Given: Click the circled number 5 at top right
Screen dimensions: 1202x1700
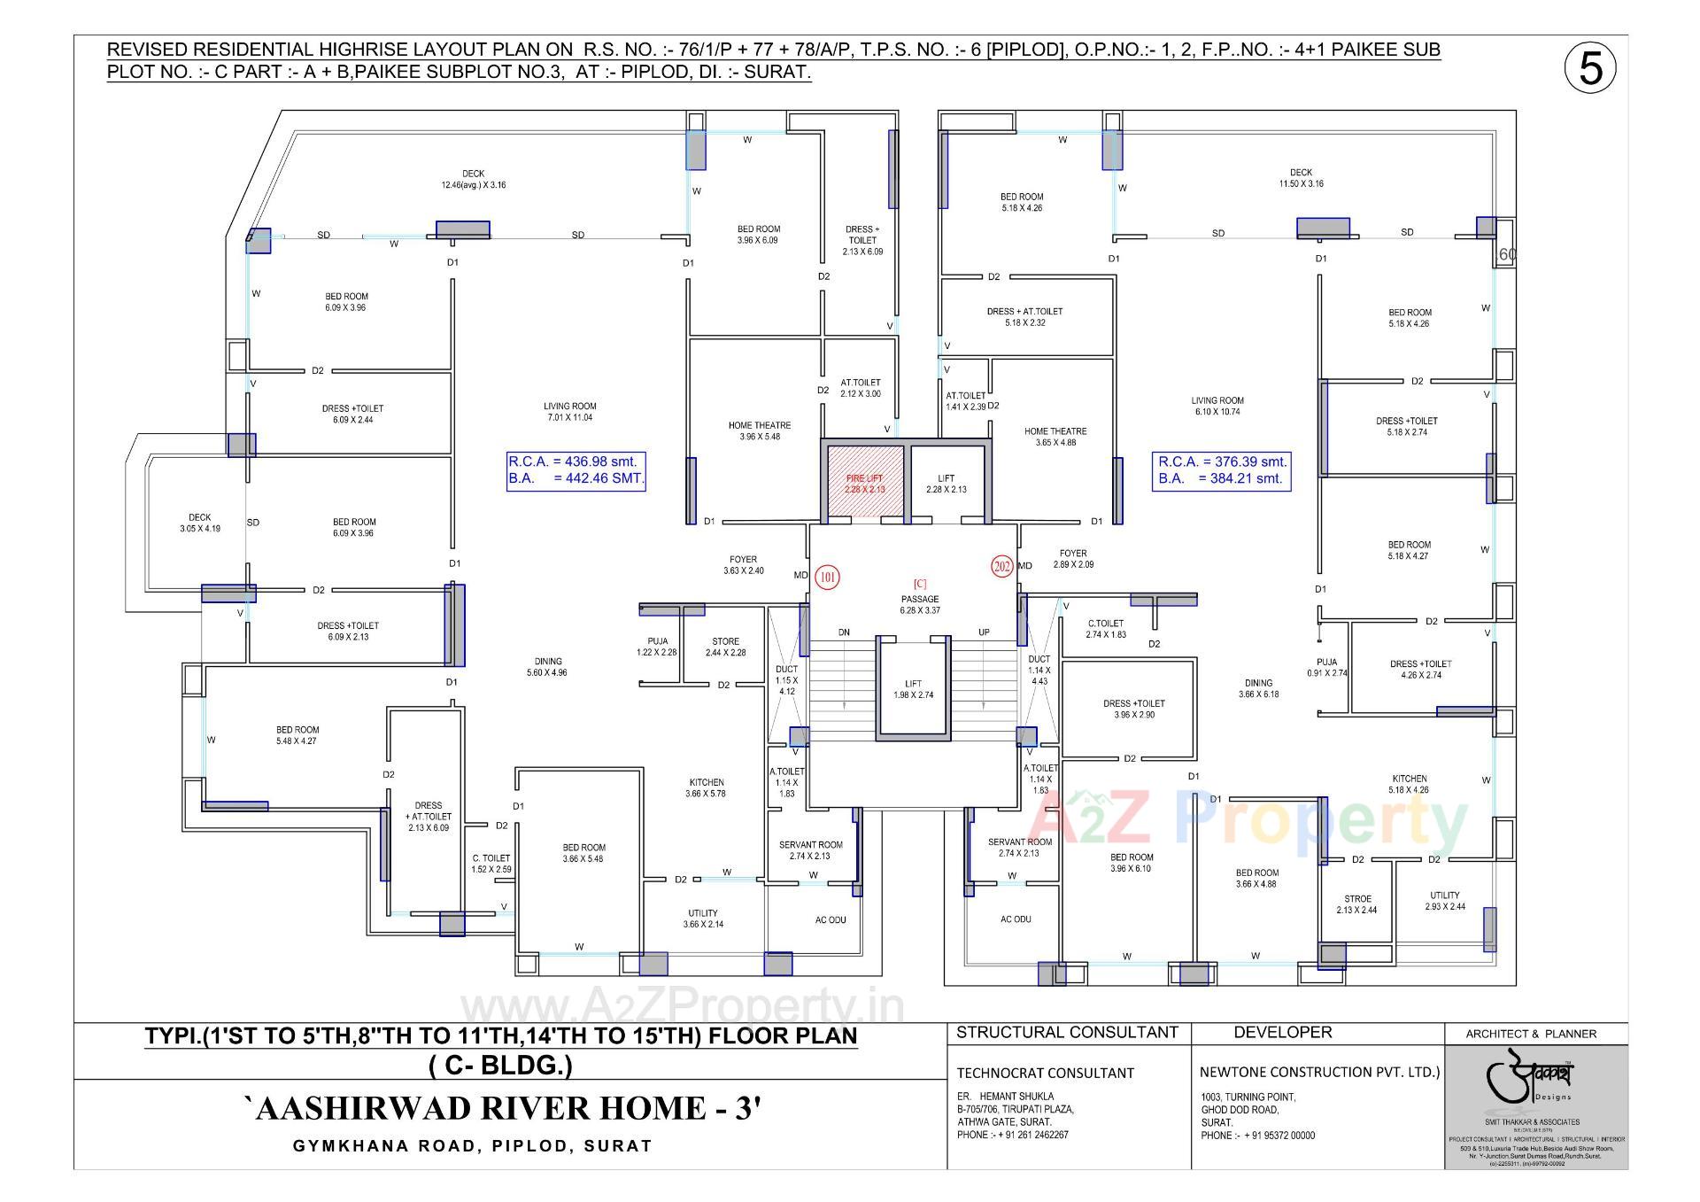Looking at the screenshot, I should (x=1590, y=68).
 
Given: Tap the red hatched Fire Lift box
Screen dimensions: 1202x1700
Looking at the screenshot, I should (x=864, y=484).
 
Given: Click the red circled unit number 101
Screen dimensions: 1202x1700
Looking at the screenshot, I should (x=827, y=578).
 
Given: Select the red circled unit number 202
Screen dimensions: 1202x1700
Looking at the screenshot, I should (x=1001, y=566).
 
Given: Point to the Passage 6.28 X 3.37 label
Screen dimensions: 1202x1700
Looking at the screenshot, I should (x=920, y=604).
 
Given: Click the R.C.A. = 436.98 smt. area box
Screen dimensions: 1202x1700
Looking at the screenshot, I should (x=576, y=470).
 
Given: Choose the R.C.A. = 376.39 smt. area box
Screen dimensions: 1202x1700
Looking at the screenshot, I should (x=1223, y=469).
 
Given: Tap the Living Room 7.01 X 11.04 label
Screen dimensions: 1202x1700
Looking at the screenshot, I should (x=569, y=412).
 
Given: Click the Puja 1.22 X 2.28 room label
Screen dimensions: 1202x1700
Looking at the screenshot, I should (x=657, y=647).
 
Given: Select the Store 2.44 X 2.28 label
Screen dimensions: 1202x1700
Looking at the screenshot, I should (x=725, y=647).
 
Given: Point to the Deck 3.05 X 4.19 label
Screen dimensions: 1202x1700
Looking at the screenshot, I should (x=200, y=523).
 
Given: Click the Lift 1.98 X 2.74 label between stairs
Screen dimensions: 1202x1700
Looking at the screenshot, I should (x=913, y=689).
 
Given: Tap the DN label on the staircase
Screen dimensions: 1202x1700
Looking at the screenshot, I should (x=844, y=632).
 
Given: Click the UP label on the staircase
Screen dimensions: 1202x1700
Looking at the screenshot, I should (x=984, y=632).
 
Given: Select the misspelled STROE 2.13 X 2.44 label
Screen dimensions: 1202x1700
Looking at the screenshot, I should (x=1356, y=904).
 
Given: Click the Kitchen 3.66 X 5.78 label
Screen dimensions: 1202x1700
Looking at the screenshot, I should (x=706, y=787).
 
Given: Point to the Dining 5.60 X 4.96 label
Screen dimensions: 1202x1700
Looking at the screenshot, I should (x=548, y=667).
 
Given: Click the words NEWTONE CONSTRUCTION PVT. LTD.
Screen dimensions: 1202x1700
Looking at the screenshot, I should (x=1319, y=1072).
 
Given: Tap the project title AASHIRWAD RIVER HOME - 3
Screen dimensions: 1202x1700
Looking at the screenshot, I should (x=502, y=1109).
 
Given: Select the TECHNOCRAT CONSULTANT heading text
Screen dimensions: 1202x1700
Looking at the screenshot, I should (x=1045, y=1073).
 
